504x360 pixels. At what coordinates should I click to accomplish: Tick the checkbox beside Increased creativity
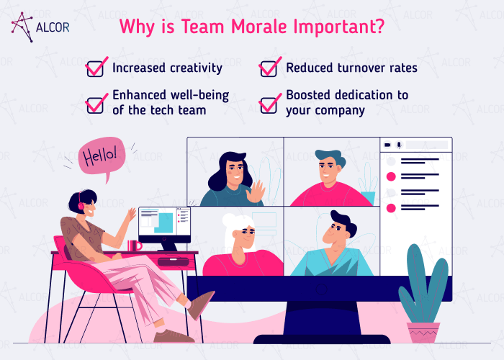pyautogui.click(x=95, y=68)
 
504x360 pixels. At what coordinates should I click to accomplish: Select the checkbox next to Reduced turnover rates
pyautogui.click(x=269, y=68)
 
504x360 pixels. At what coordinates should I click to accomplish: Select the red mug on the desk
pyautogui.click(x=133, y=246)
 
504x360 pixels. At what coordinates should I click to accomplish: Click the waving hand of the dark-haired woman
pyautogui.click(x=254, y=192)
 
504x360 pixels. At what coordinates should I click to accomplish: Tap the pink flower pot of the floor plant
pyautogui.click(x=423, y=332)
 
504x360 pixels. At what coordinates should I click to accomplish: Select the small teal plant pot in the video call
pyautogui.click(x=368, y=197)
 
